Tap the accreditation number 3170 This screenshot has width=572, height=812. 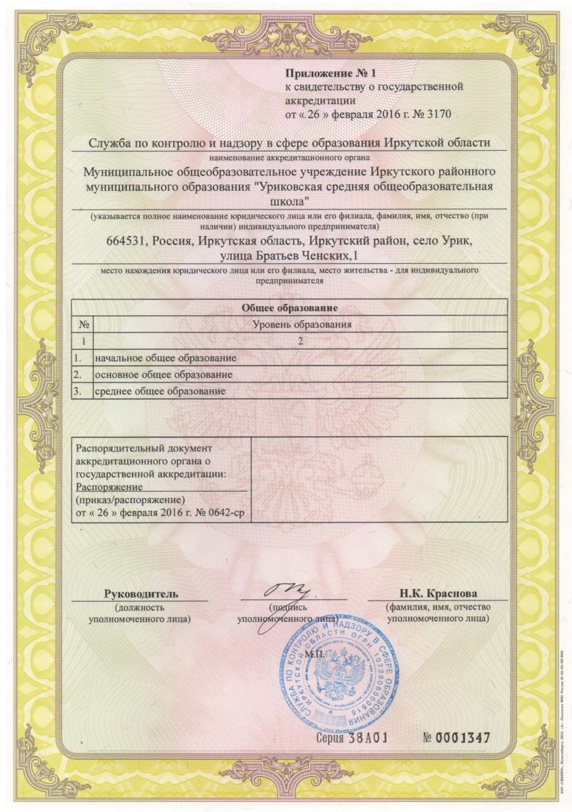click(437, 114)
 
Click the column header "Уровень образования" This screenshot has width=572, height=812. click(301, 325)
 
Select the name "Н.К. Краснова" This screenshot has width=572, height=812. click(438, 594)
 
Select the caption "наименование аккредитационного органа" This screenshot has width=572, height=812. click(290, 155)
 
